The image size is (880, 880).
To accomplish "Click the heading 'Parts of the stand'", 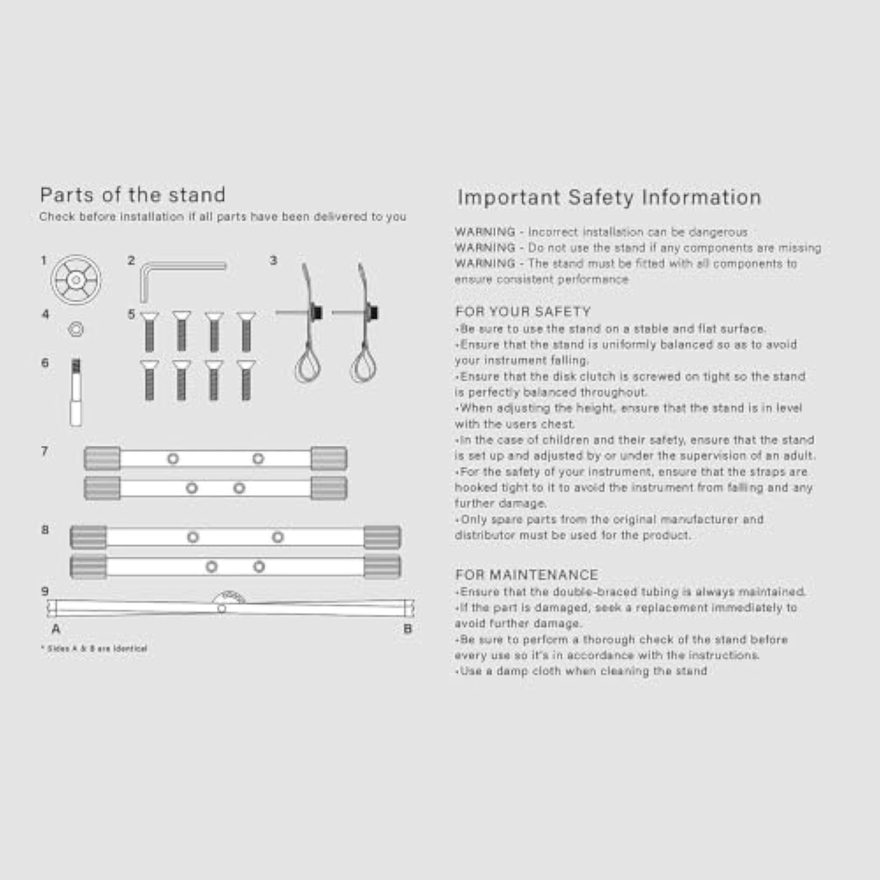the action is point(132,195).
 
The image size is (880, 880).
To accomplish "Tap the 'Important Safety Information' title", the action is point(609,198).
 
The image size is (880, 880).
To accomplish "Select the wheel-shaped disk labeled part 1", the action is point(76,280).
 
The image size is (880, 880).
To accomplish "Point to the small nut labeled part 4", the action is point(76,329).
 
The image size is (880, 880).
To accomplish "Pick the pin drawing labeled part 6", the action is point(76,392).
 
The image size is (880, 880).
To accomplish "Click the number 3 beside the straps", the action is point(273,260).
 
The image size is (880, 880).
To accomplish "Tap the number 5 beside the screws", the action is point(131,314).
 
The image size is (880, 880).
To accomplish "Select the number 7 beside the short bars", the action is point(44,451).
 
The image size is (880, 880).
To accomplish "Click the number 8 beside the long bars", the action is point(44,530).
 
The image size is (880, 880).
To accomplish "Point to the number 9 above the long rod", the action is point(44,591).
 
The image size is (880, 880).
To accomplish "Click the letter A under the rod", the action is point(56,629).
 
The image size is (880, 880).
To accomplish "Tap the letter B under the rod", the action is point(408,629).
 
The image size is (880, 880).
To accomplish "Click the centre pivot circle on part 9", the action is point(221,609).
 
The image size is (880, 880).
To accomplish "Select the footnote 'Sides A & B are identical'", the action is point(94,649).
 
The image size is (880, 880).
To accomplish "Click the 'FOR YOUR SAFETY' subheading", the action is point(523,312).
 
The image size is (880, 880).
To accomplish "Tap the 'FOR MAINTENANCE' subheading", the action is point(527,575).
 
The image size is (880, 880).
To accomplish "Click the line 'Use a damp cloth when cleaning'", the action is point(581,671).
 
